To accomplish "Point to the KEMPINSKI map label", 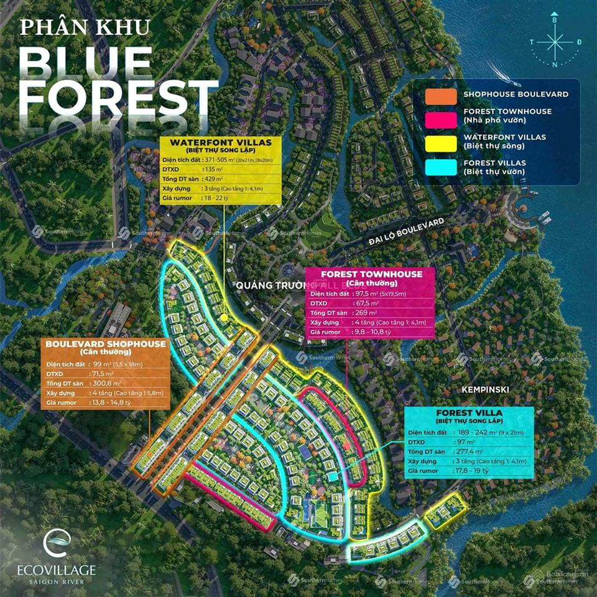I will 485,389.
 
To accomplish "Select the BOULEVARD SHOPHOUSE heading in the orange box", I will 106,343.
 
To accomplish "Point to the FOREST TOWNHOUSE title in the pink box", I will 371,274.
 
